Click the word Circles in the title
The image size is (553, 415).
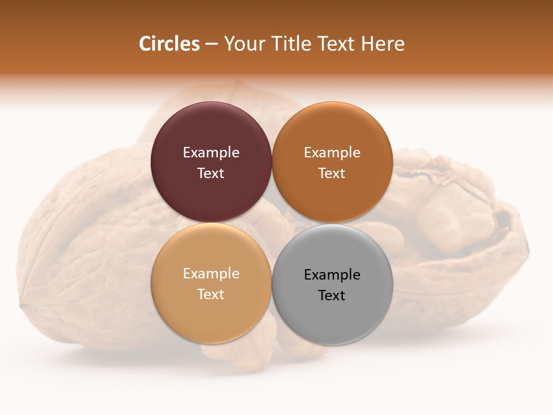click(x=169, y=44)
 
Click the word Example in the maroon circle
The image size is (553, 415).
click(x=211, y=153)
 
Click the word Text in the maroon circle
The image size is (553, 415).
click(x=211, y=173)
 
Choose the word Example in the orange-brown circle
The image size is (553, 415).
click(x=332, y=153)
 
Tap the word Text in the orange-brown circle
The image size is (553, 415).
click(x=332, y=173)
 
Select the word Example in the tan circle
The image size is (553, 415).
click(x=211, y=274)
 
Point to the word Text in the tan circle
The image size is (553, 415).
click(x=211, y=294)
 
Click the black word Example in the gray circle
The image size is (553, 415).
click(x=332, y=275)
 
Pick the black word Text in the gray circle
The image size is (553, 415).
click(x=332, y=295)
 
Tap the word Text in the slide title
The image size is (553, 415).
click(x=337, y=44)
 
